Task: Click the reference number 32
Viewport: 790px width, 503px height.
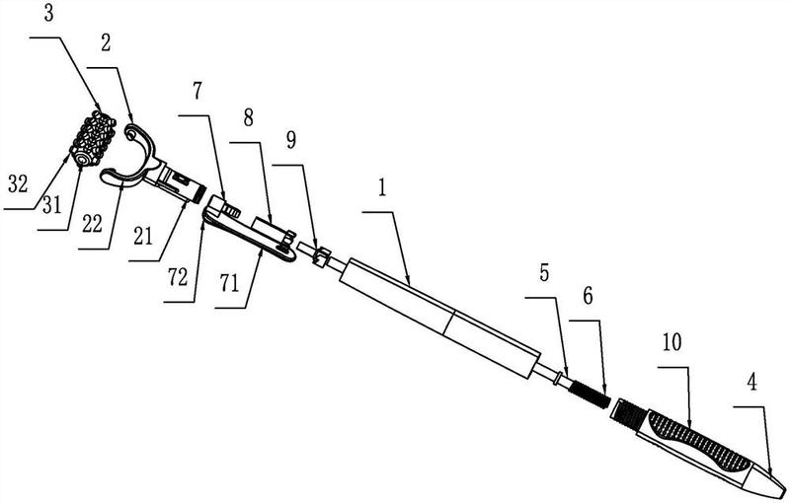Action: (x=17, y=184)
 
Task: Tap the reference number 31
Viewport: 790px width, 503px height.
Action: (x=51, y=205)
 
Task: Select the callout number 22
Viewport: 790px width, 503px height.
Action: (x=92, y=224)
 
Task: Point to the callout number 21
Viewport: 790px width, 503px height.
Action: (x=142, y=236)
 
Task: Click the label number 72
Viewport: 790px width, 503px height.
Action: (x=178, y=277)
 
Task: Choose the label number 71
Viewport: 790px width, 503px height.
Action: (x=229, y=285)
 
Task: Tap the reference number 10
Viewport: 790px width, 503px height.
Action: (x=672, y=342)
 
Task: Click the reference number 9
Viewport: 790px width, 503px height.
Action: (x=291, y=141)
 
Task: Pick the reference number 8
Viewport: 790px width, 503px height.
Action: (x=249, y=119)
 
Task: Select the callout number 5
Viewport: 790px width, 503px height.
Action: (x=544, y=273)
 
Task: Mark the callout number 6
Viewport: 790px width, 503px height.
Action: (x=588, y=296)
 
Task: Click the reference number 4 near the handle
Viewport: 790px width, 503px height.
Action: (x=751, y=383)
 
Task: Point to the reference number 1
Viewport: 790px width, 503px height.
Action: (x=382, y=187)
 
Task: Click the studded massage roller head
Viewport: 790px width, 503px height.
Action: (x=93, y=139)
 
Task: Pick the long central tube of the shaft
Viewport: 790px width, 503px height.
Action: (x=439, y=318)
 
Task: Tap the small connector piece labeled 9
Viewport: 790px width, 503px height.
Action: (x=320, y=255)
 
